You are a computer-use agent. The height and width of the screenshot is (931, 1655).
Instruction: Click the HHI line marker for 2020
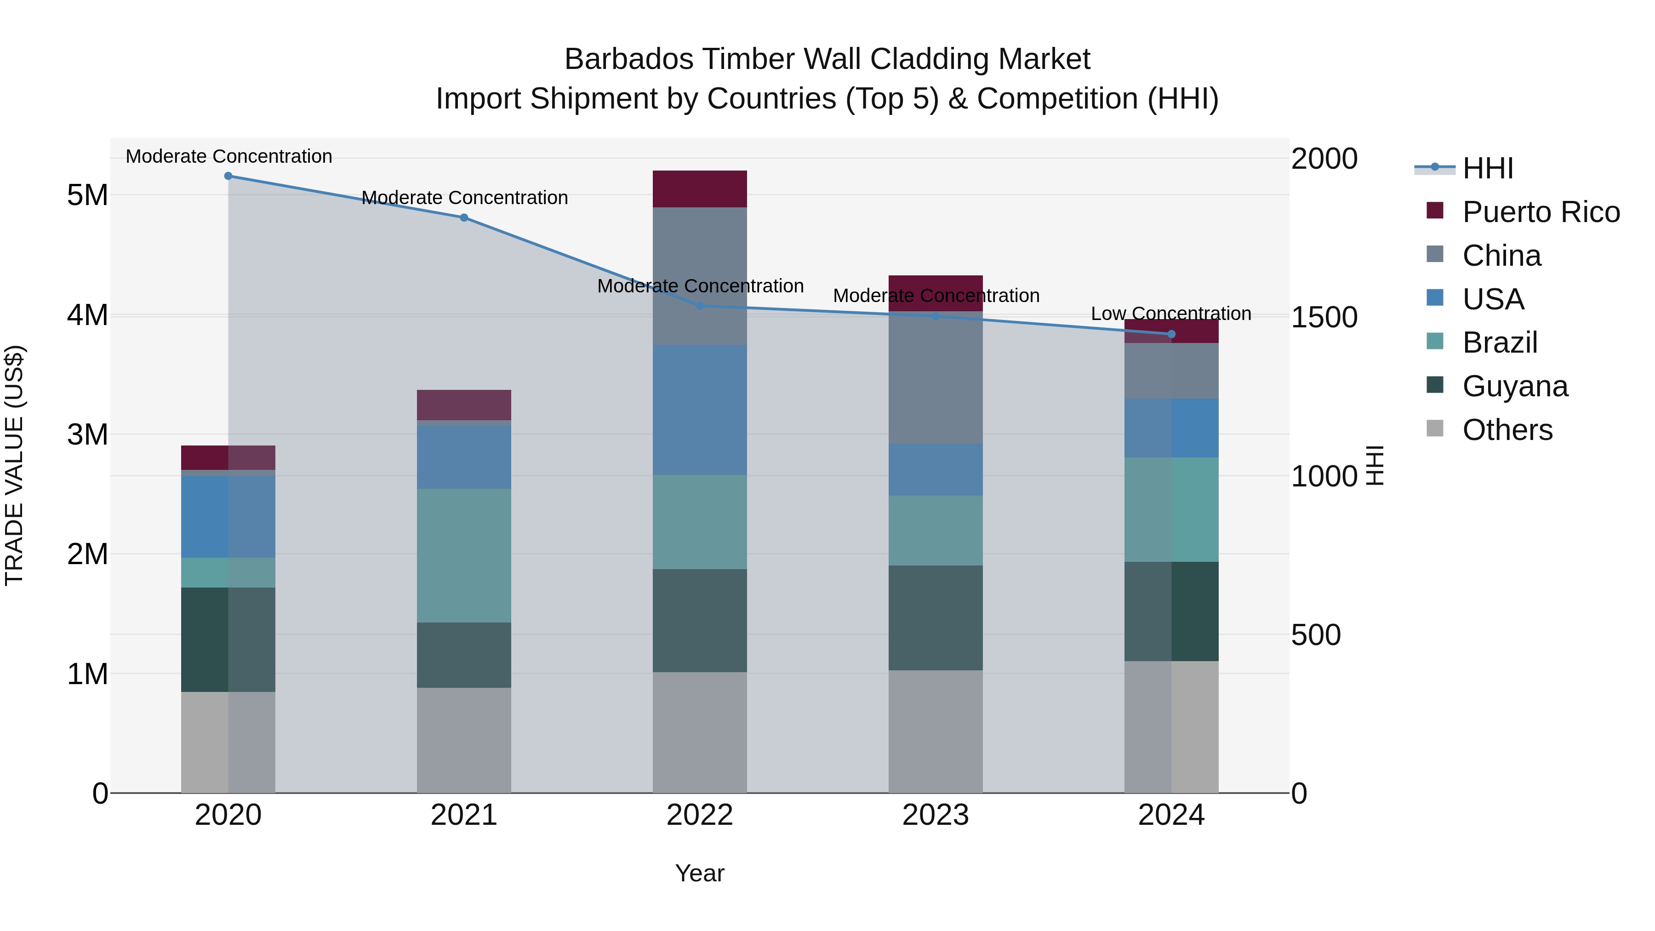(228, 176)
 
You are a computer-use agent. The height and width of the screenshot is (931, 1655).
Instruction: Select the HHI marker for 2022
(700, 306)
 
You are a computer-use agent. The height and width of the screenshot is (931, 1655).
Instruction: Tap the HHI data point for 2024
(1171, 334)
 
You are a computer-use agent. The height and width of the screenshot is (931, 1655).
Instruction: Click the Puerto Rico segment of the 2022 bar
(700, 189)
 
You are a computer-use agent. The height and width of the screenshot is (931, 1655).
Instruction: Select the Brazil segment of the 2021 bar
(464, 556)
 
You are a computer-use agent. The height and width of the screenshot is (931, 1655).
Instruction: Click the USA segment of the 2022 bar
(700, 410)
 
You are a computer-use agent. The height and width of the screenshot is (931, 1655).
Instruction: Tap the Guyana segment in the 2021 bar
(464, 655)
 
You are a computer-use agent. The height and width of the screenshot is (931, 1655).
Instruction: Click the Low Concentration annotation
(1170, 314)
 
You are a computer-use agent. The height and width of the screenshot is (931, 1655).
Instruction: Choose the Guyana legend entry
(1514, 387)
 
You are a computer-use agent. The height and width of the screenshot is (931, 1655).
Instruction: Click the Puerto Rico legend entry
(1540, 212)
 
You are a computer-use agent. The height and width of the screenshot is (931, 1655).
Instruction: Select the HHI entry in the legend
(1487, 168)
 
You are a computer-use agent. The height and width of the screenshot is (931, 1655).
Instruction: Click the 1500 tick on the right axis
(1324, 317)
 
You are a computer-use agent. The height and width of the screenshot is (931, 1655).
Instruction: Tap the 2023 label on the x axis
(936, 815)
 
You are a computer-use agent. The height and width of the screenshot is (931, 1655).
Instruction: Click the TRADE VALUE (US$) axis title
(15, 465)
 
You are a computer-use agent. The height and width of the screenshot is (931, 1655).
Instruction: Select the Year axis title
(700, 873)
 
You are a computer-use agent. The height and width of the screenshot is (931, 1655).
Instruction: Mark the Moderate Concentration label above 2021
(464, 198)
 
